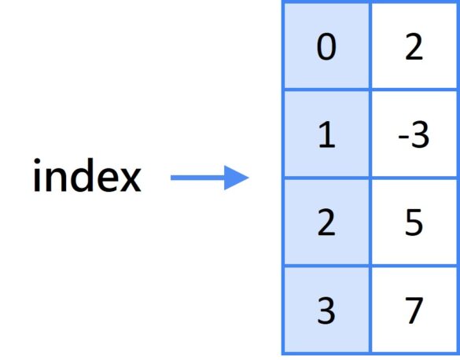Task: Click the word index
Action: point(87,175)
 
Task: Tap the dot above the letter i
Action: point(37,161)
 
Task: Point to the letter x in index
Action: point(131,180)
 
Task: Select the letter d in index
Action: point(82,175)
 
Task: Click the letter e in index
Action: point(108,180)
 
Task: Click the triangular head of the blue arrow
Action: point(237,178)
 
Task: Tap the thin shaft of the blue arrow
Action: point(197,178)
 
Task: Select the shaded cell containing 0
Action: point(326,46)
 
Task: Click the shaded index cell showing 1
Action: point(326,134)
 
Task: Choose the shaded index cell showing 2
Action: point(326,222)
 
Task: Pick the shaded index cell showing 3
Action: point(326,310)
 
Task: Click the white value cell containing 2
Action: point(414,46)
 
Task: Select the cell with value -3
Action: point(414,134)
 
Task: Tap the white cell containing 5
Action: point(414,222)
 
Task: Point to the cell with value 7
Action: point(414,310)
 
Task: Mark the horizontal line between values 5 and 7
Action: point(414,266)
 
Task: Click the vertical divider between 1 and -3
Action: point(370,134)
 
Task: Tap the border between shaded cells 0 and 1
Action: point(326,90)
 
